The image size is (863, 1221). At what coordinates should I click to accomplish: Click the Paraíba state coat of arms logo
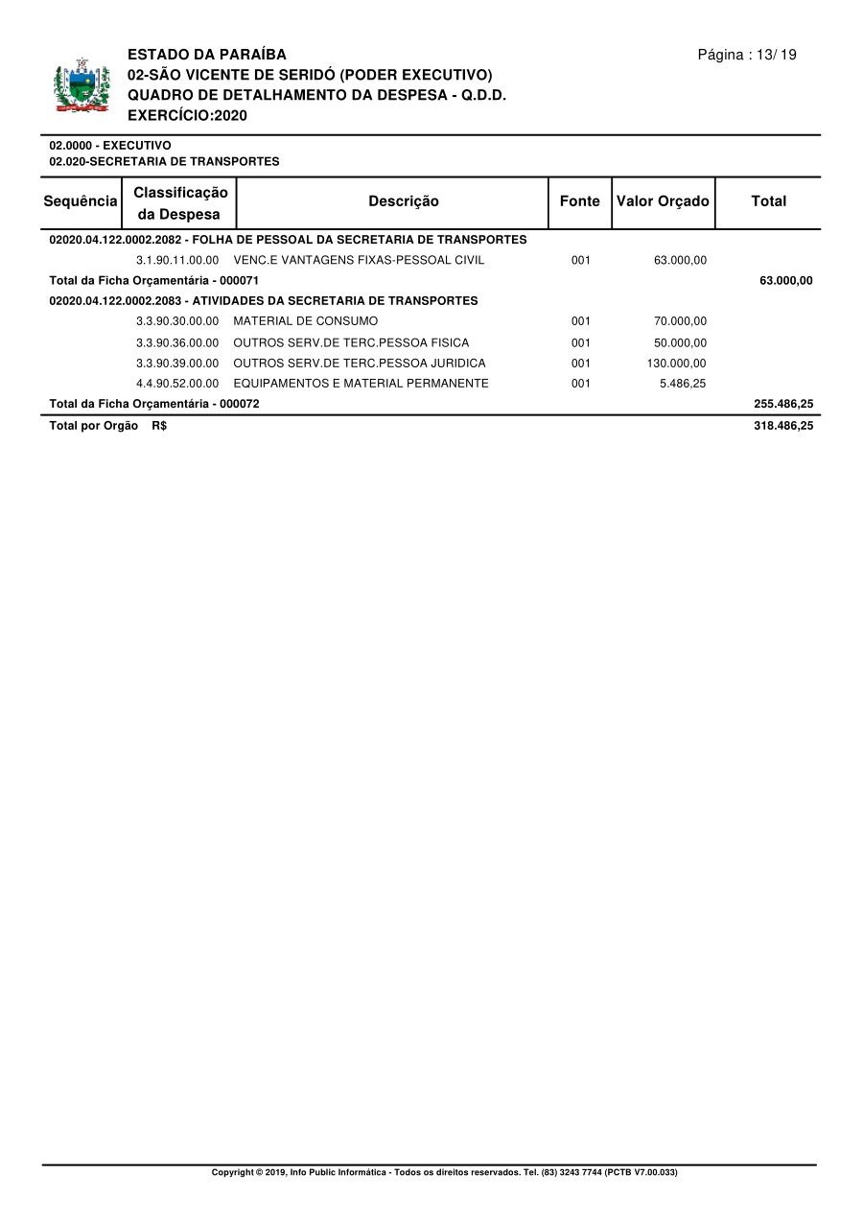(82, 86)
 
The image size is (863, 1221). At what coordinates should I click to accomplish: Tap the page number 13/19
(747, 55)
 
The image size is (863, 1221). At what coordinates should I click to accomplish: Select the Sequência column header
(81, 201)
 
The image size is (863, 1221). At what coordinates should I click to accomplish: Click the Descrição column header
(404, 201)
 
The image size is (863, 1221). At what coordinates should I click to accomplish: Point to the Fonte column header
(579, 201)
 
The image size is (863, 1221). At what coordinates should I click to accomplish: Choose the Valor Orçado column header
(663, 201)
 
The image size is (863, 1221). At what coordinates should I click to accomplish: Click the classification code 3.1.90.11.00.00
(177, 260)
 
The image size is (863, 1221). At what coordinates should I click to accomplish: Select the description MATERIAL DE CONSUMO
(306, 321)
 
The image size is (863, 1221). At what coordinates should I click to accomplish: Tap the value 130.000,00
(677, 364)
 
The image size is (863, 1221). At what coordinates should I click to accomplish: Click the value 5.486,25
(683, 384)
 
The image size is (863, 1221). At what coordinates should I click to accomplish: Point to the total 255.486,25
(783, 404)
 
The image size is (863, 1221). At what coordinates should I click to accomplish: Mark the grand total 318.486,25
(783, 426)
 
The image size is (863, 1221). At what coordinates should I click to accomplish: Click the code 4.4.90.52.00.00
(177, 384)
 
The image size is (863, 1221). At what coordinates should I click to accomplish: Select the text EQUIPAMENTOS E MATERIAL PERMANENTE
(361, 384)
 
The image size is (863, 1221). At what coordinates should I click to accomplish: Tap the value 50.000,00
(680, 342)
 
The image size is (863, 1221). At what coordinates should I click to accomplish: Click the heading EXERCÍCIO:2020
(187, 115)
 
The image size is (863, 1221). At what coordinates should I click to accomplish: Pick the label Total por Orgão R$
(107, 426)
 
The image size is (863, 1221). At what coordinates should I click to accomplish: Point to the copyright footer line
(444, 1172)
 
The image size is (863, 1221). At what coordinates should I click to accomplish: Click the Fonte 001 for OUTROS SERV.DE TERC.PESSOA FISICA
(580, 342)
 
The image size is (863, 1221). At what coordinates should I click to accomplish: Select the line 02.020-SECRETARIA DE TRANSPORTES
(164, 162)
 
